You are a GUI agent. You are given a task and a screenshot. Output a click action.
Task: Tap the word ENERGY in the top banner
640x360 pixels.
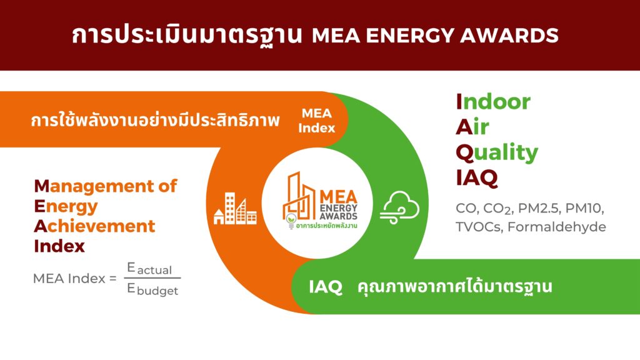coord(410,35)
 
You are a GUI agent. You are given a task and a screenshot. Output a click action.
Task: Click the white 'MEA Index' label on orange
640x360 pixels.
coord(317,121)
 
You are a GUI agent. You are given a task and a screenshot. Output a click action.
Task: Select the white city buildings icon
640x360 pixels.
coord(236,209)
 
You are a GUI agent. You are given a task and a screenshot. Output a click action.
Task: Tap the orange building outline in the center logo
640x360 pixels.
coord(299,195)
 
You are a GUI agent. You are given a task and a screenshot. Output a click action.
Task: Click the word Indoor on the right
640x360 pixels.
coord(493,102)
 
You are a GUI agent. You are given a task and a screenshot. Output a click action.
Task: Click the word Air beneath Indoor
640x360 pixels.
coord(472,127)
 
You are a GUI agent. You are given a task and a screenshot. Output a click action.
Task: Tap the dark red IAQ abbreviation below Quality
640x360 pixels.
coord(477,178)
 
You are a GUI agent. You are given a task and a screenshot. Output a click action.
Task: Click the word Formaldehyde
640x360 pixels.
coord(557,226)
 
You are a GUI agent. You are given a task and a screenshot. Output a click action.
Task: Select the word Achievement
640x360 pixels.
coord(95,226)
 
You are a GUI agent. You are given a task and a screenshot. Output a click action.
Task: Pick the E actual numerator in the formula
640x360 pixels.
coord(149,269)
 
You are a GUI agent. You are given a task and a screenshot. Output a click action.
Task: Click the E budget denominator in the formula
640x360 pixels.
coord(152,289)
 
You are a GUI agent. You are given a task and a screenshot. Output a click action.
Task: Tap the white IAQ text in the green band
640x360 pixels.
coord(325,286)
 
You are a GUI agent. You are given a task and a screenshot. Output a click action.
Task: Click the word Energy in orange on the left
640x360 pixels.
coord(66,207)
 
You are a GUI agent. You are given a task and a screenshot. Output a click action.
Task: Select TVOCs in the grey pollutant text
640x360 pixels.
coord(478,226)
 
